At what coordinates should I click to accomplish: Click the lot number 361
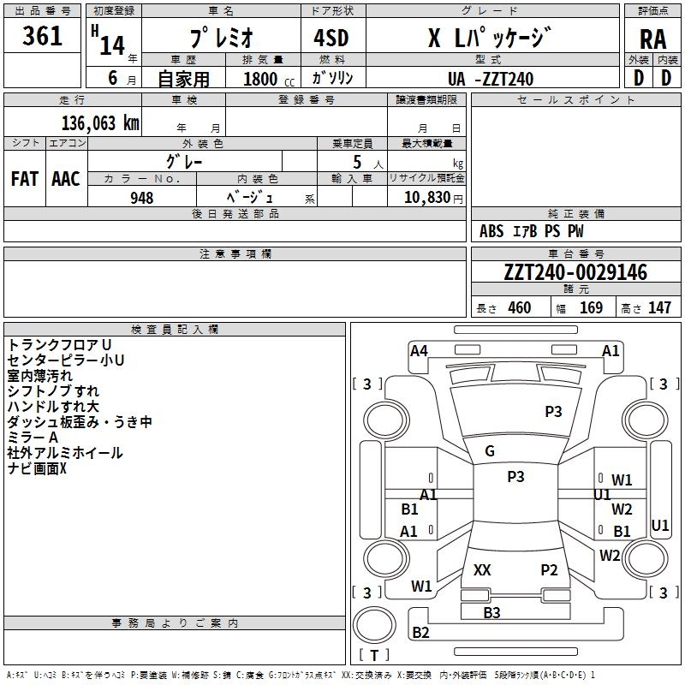click(42, 36)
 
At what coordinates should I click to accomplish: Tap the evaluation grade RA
click(652, 39)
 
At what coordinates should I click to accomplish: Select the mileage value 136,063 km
click(100, 123)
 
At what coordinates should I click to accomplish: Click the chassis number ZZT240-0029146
click(575, 272)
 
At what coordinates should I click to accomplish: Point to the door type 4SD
click(331, 38)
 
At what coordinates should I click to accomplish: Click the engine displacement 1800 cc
click(269, 79)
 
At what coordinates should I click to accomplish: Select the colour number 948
click(141, 198)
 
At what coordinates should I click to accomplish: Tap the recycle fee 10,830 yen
click(433, 198)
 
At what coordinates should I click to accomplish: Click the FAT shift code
click(25, 179)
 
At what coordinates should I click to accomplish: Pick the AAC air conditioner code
click(66, 179)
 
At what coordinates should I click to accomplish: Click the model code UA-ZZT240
click(491, 79)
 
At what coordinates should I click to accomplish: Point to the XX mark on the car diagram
click(482, 569)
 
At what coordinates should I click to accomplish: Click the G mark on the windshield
click(490, 451)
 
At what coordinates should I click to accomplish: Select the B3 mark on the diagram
click(491, 612)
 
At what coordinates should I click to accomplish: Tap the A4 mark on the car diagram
click(419, 351)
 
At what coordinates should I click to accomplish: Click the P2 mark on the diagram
click(549, 569)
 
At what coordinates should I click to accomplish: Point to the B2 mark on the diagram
click(420, 632)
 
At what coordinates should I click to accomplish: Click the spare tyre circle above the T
click(374, 625)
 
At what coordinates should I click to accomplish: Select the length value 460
click(520, 307)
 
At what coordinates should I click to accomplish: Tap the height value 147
click(659, 307)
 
